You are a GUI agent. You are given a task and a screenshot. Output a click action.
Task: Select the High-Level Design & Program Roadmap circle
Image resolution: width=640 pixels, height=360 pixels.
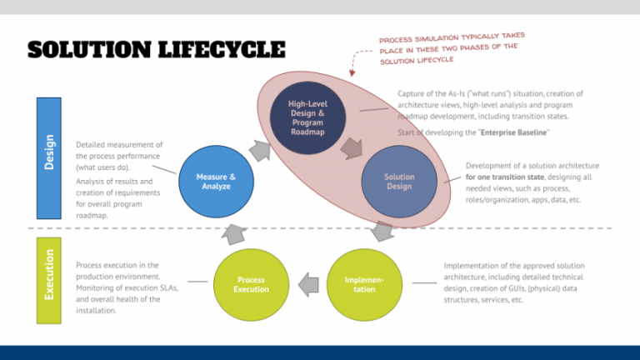(307, 117)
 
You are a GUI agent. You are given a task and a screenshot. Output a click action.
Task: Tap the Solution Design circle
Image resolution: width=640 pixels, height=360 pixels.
(398, 181)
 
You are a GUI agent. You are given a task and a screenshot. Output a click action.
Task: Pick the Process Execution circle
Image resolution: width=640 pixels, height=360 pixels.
(251, 284)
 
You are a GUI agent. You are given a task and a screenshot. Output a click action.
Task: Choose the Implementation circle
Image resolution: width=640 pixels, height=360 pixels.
(364, 284)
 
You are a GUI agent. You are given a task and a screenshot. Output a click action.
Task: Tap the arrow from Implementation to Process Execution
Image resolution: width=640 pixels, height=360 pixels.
(307, 284)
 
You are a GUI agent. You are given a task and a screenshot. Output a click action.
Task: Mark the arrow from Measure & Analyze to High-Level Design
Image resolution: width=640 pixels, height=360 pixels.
(259, 149)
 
